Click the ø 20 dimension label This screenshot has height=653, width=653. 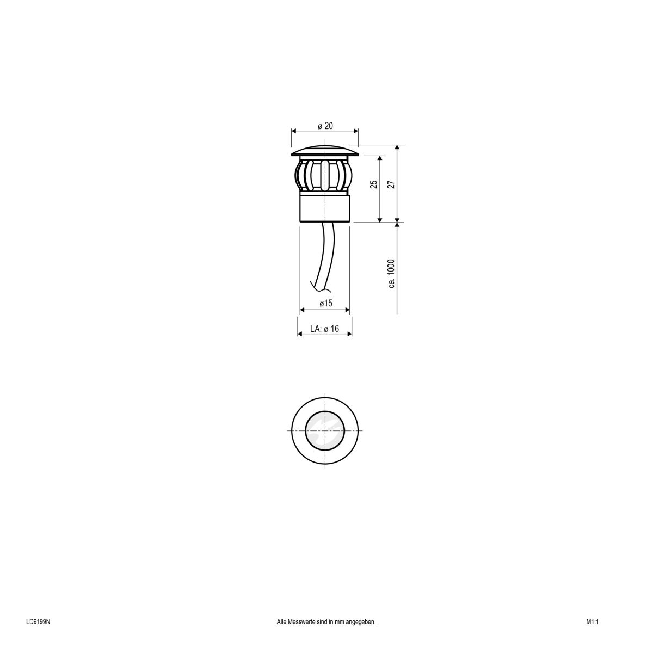[325, 126]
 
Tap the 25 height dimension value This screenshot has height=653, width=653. [374, 184]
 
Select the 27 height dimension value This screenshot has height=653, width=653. [391, 184]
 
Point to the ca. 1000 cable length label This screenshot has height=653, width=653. [391, 274]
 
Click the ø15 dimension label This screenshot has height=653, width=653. [325, 304]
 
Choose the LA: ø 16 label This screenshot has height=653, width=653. [325, 329]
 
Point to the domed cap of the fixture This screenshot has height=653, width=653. [325, 150]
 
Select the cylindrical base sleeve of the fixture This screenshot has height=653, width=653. [325, 209]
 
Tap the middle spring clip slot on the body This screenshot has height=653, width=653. [325, 175]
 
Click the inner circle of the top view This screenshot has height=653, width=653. [325, 429]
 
